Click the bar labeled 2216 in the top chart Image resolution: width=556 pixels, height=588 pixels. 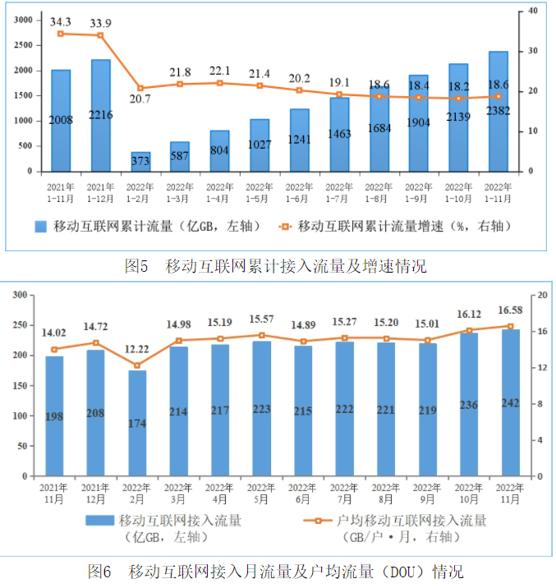click(101, 115)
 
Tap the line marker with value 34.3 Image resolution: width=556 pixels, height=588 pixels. click(61, 34)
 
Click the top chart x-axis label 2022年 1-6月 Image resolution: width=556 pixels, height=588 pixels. click(299, 193)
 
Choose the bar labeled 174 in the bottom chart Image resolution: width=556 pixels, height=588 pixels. click(137, 423)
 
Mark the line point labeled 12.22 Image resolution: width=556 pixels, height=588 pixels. click(137, 365)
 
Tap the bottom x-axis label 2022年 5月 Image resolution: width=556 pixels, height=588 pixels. click(261, 493)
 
